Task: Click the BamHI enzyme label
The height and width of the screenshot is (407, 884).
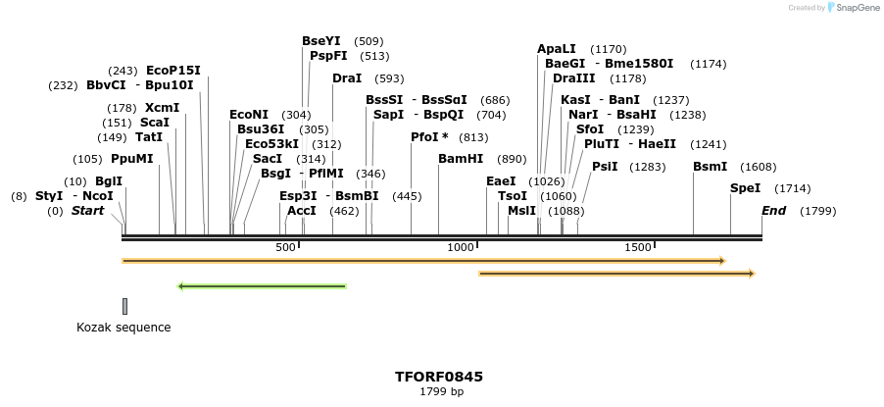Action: tap(461, 159)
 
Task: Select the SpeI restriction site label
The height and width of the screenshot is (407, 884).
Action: tap(745, 188)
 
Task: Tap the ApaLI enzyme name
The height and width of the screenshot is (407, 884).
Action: tap(557, 49)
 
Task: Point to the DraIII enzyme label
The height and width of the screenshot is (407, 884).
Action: tap(573, 78)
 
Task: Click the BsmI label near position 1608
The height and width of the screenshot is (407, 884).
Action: tap(710, 167)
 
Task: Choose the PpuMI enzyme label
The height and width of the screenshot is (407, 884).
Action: tap(131, 159)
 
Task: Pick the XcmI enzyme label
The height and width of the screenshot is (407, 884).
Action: tap(162, 108)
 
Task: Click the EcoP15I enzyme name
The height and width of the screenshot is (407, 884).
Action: tap(172, 71)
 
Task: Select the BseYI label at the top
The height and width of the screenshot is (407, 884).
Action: tap(321, 41)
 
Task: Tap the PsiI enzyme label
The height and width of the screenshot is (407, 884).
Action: tap(605, 167)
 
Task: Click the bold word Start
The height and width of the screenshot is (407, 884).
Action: tap(87, 211)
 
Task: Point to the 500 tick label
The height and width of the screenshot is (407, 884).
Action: tap(285, 248)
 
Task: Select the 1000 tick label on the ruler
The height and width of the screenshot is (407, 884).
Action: tap(461, 248)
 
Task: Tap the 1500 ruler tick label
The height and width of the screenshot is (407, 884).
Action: tap(638, 248)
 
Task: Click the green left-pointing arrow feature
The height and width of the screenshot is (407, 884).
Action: tap(262, 286)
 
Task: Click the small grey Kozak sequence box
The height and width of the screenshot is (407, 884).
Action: tap(124, 306)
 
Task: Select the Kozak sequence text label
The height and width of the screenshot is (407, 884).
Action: tap(123, 328)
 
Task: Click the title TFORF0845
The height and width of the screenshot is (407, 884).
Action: tap(439, 377)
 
